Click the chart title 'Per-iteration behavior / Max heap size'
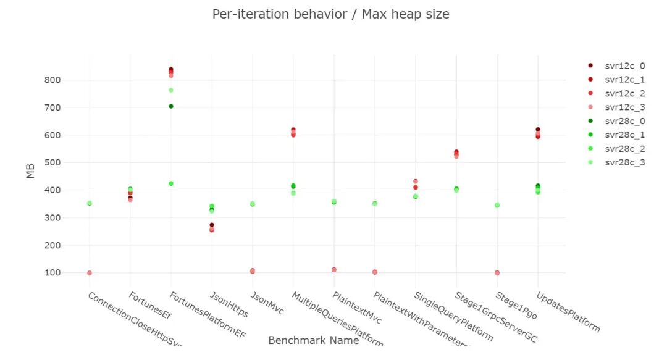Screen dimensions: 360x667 pos(330,14)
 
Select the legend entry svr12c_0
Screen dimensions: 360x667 pos(624,65)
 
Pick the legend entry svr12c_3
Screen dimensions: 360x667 pos(624,107)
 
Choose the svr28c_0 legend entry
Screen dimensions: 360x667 pos(624,121)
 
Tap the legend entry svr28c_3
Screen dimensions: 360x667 pos(624,163)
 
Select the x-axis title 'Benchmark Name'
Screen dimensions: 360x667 pos(313,340)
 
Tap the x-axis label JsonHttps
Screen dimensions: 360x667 pos(229,304)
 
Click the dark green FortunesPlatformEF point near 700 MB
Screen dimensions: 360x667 pos(171,106)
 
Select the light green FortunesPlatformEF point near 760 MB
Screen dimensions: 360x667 pos(171,90)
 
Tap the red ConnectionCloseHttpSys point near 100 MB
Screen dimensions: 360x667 pos(90,273)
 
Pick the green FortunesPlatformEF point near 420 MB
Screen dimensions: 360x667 pos(171,183)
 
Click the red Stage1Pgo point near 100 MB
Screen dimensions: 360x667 pos(497,273)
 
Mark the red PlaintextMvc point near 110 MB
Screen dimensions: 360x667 pos(334,270)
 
